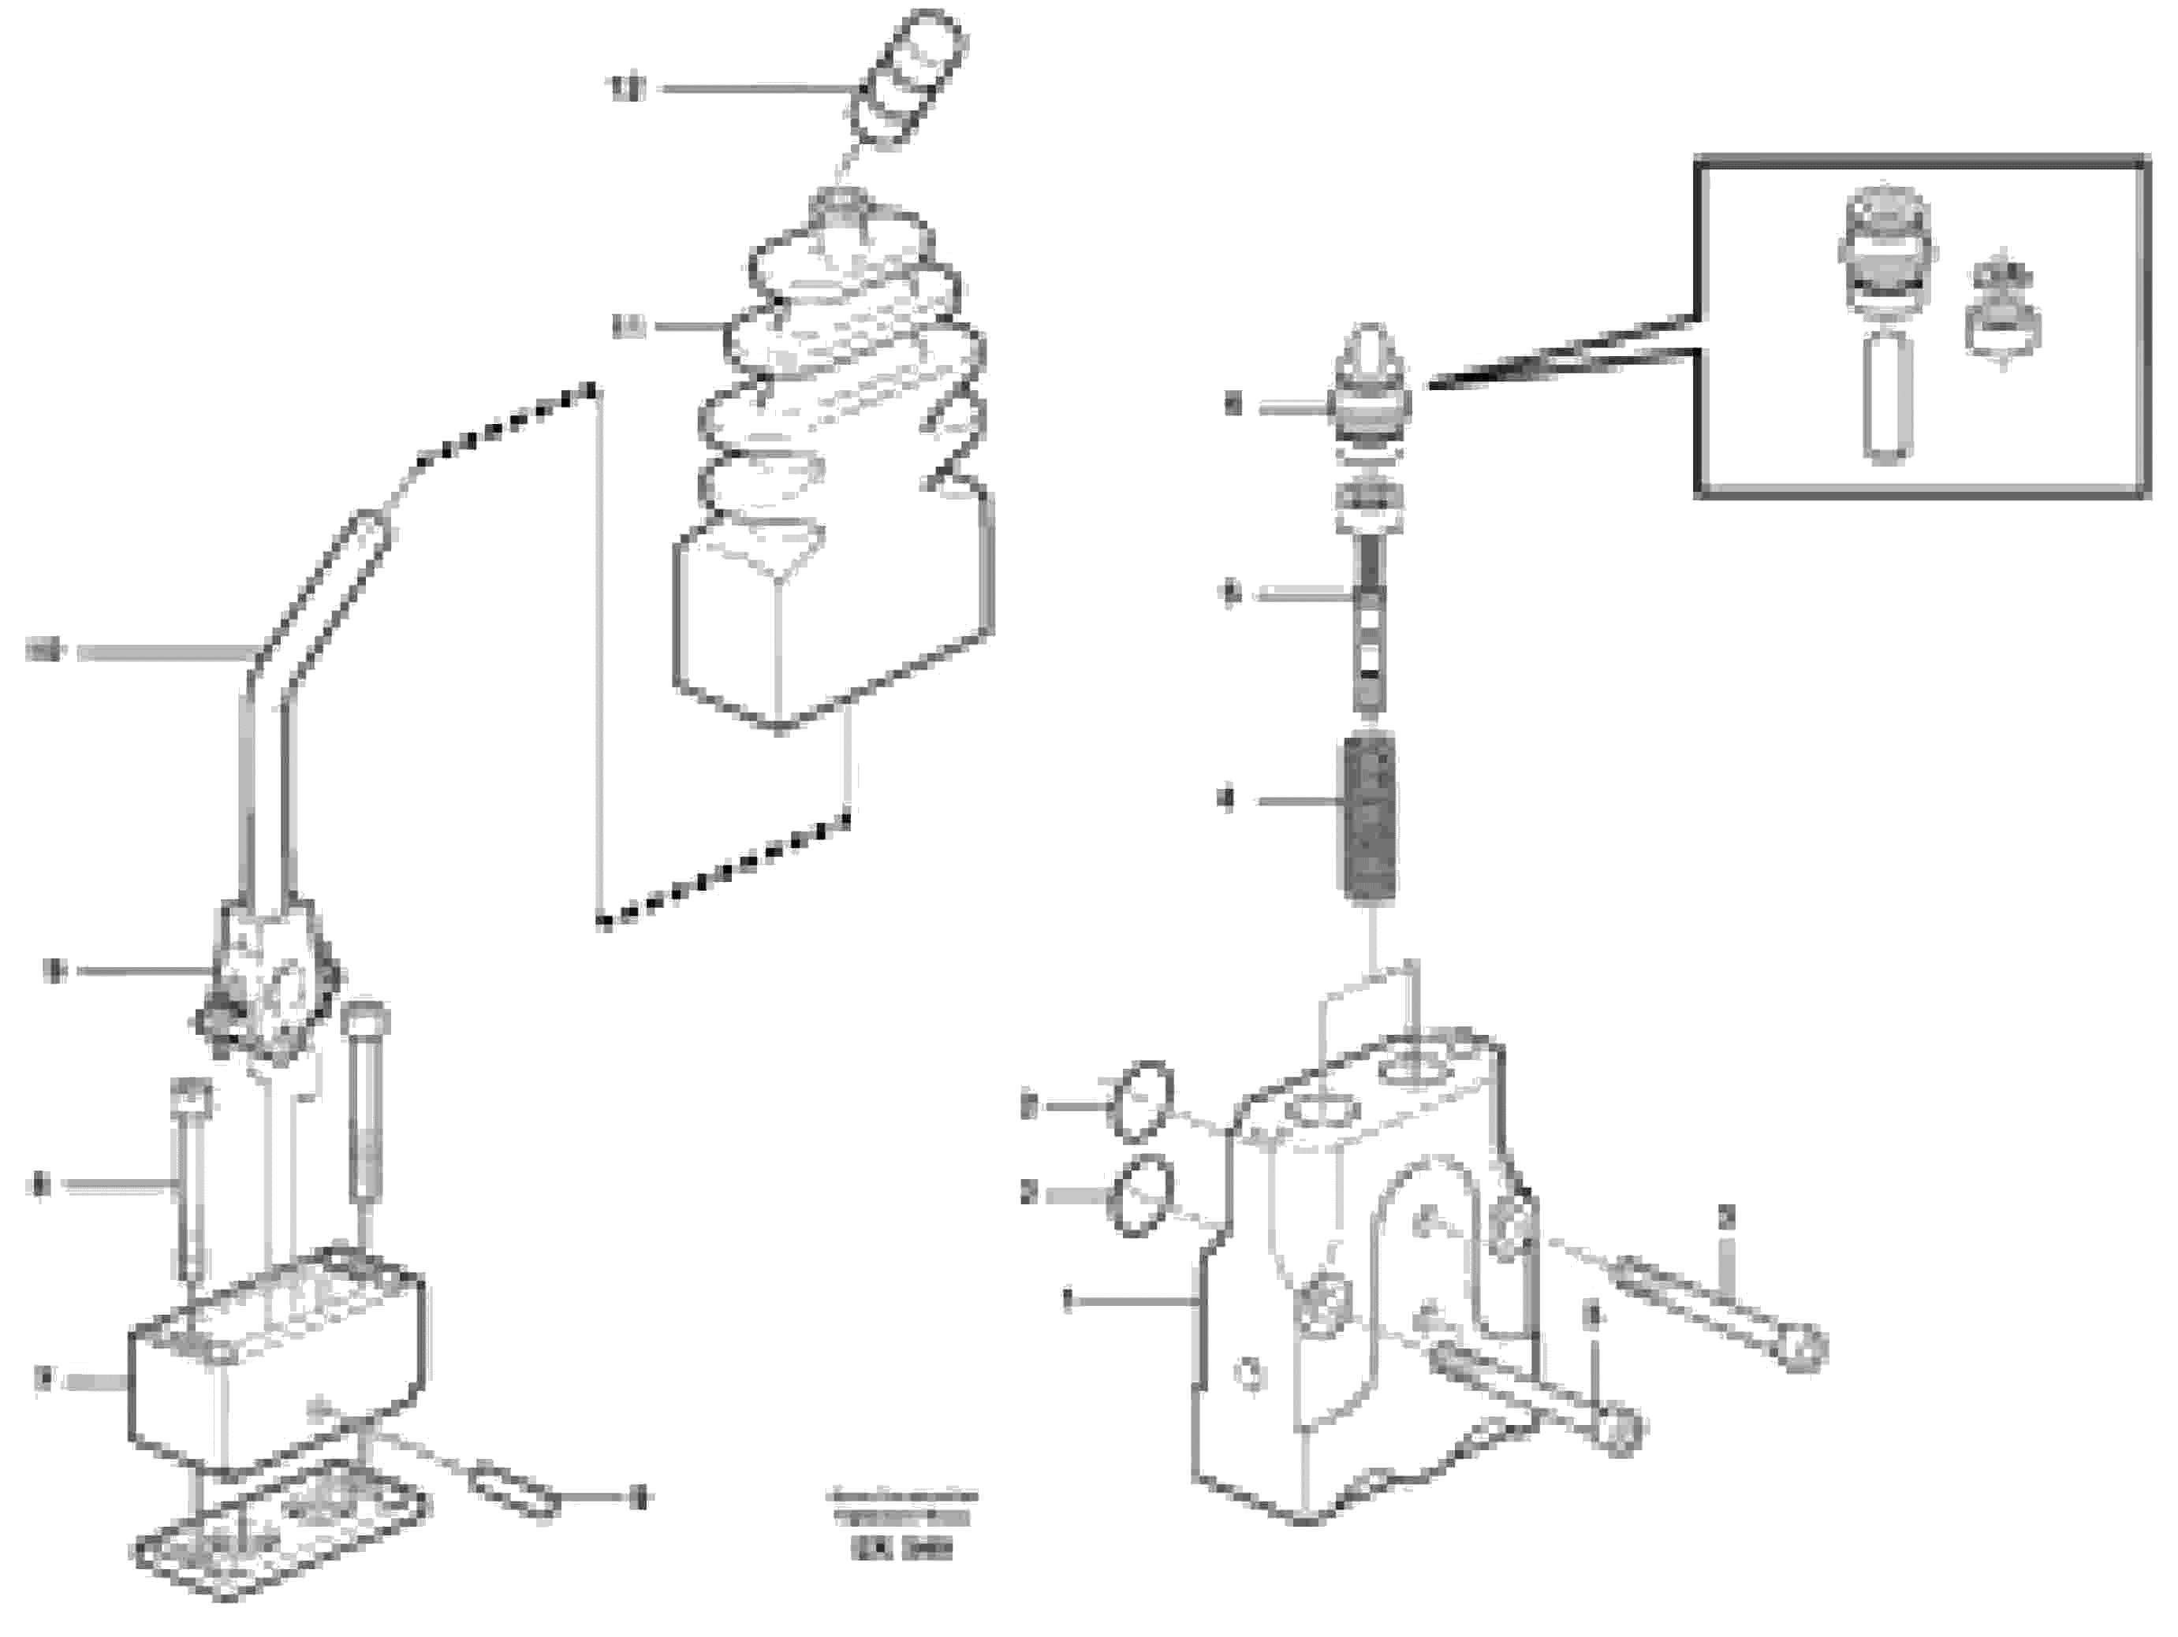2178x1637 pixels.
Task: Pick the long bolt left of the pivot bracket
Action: (x=190, y=1181)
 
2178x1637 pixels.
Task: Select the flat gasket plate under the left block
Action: (x=281, y=1541)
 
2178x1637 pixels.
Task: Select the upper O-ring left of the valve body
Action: (x=1140, y=1102)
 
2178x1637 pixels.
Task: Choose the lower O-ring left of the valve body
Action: (x=1140, y=1196)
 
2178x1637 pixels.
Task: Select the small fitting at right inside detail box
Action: (x=2003, y=315)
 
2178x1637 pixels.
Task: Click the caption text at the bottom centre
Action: (x=902, y=1521)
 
